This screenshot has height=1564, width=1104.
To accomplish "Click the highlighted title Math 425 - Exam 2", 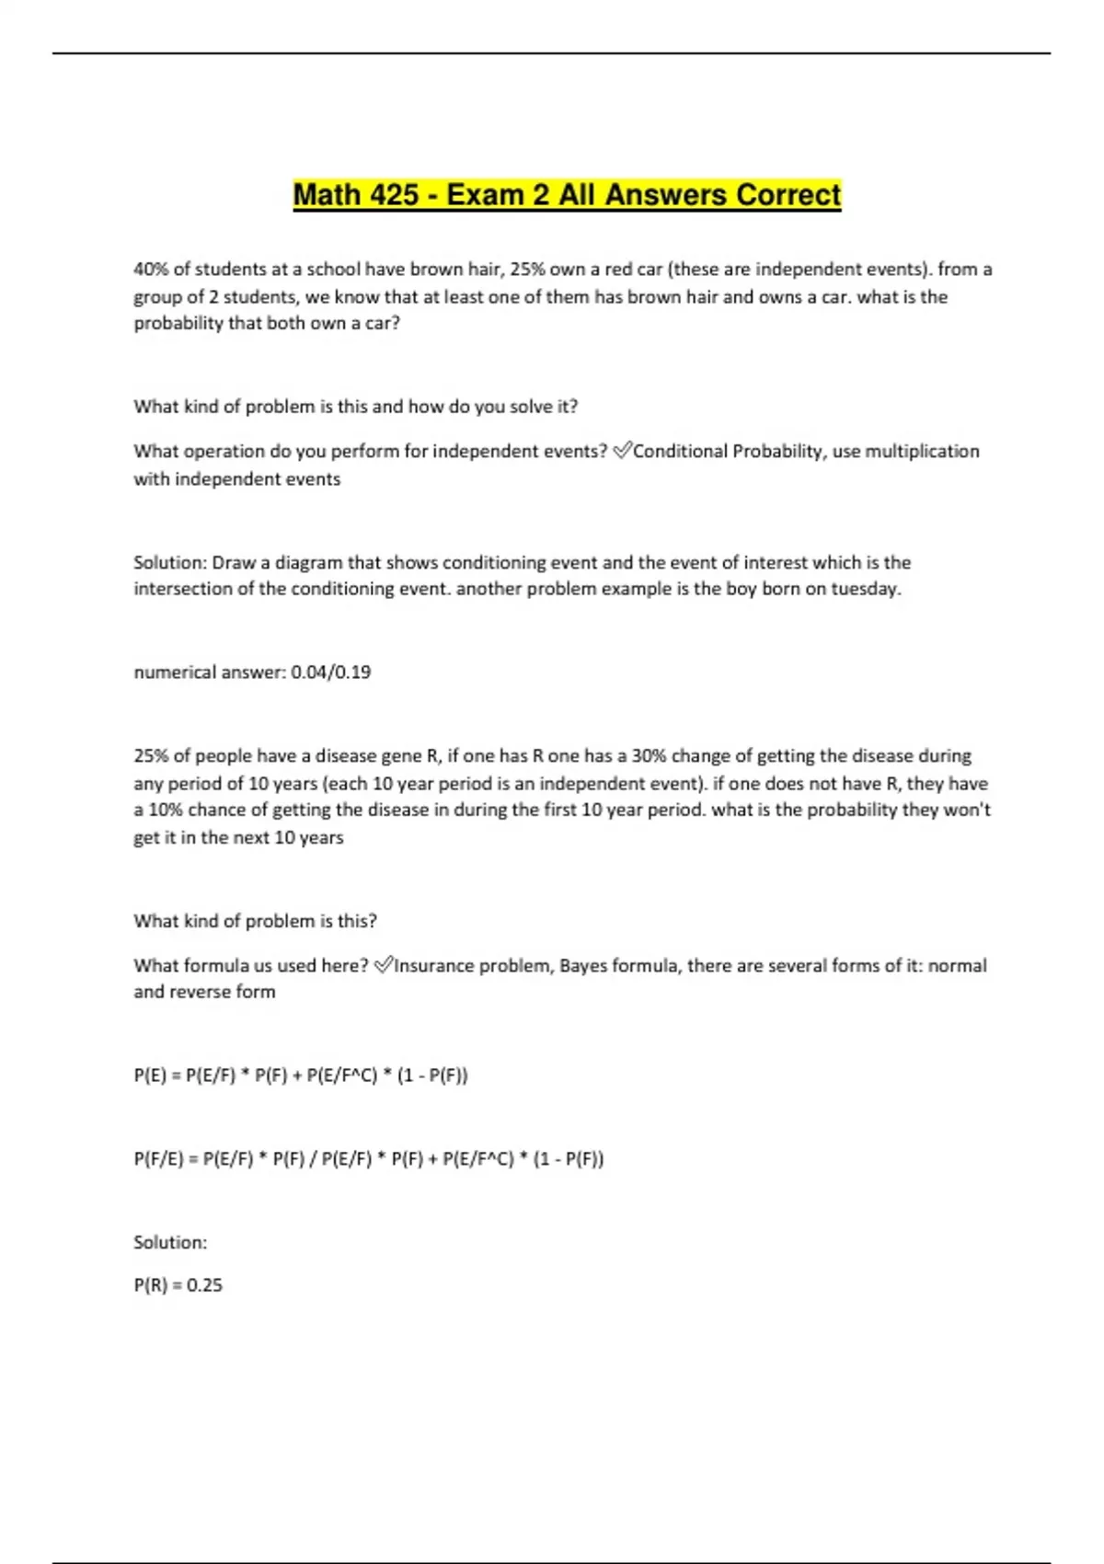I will click(567, 195).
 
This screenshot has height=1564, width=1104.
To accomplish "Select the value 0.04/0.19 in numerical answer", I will click(331, 673).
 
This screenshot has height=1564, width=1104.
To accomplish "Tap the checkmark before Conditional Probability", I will click(622, 450).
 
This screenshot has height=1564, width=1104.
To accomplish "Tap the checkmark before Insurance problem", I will click(384, 964).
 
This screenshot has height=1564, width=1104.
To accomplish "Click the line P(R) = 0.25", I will click(178, 1285).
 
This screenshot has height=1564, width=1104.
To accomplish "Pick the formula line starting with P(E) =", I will click(301, 1075).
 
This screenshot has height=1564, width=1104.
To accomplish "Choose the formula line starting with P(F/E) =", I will click(369, 1158).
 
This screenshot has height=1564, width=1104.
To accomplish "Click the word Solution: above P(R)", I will click(170, 1242).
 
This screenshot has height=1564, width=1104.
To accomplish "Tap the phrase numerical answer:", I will click(210, 673).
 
